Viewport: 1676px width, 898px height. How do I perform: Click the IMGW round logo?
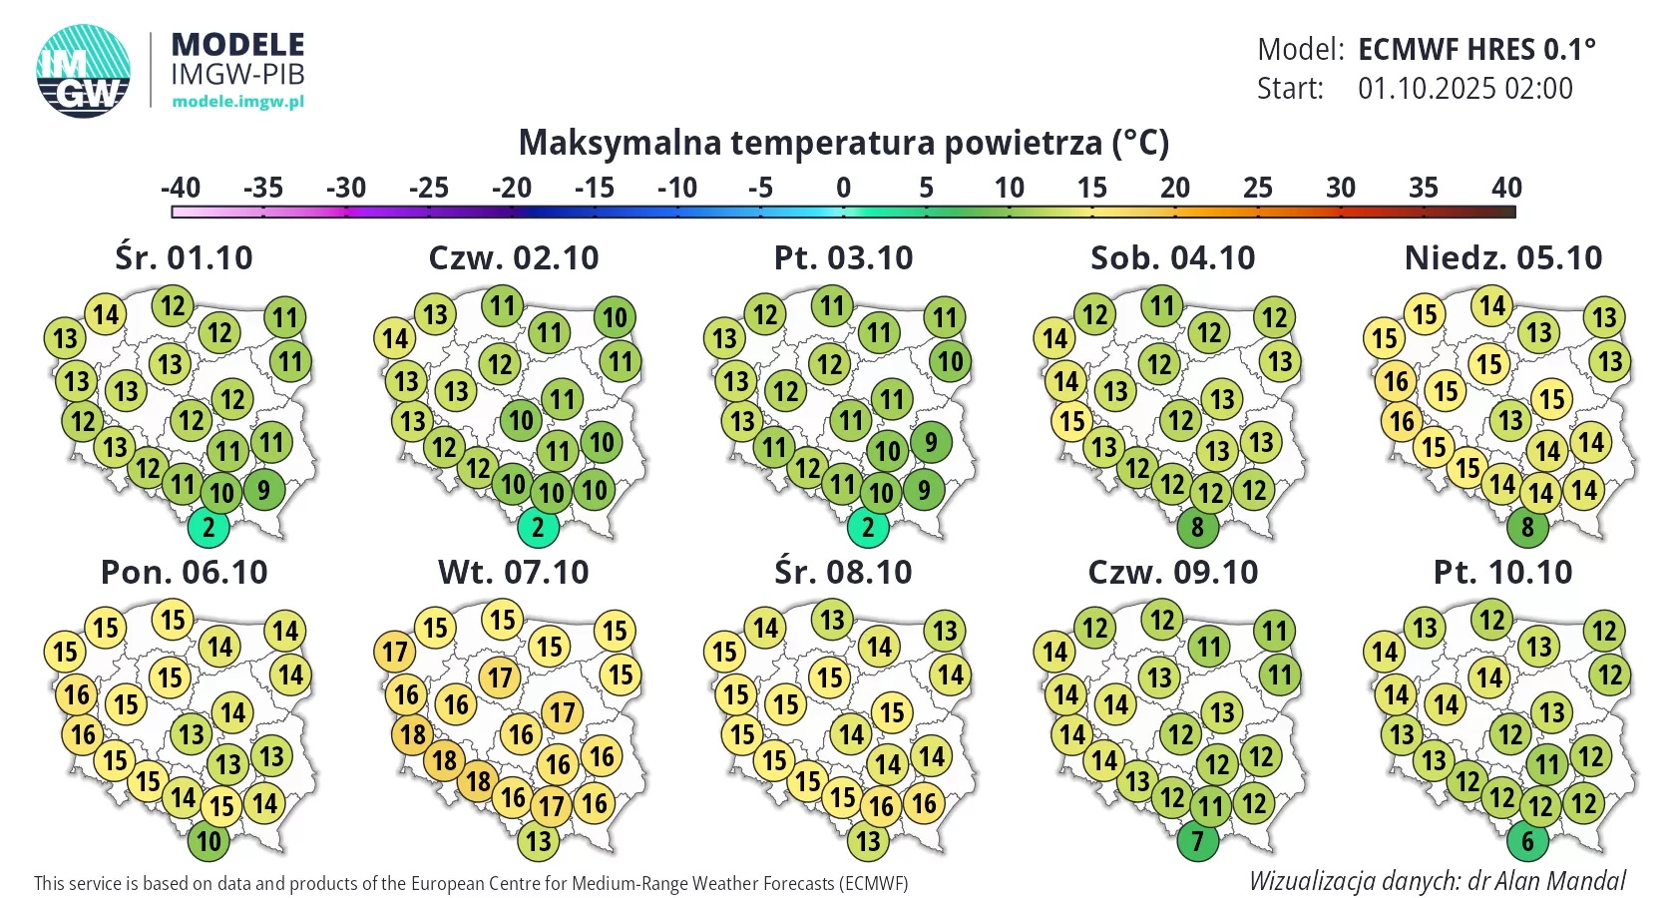coord(83,71)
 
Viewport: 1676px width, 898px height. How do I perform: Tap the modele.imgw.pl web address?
coord(237,101)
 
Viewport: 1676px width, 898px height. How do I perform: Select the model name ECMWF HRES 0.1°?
coord(1476,50)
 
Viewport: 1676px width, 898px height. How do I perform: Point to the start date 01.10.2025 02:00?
coord(1465,88)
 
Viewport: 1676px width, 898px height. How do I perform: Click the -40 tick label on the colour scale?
coord(181,188)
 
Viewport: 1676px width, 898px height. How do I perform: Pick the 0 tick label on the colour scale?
coord(843,188)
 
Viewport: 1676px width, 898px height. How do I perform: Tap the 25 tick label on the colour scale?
coord(1258,188)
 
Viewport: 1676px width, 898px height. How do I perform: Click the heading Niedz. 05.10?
coord(1503,258)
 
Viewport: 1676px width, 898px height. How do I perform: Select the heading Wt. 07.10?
coord(513,573)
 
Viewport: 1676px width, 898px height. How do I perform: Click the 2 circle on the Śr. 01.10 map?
coord(208,528)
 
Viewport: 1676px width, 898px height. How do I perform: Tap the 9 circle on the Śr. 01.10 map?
coord(264,489)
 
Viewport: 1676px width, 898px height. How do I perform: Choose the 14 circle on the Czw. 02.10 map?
coord(395,338)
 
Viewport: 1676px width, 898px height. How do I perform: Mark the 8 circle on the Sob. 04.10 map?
coord(1197,528)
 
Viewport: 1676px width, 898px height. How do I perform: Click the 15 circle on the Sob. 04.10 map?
coord(1072,421)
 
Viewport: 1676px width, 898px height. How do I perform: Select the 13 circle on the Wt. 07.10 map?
coord(538,841)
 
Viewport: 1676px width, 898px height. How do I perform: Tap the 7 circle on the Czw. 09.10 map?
coord(1197,841)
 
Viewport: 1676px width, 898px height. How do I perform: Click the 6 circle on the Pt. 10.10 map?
coord(1527,841)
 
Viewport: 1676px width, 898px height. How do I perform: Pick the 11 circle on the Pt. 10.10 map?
coord(1547,764)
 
